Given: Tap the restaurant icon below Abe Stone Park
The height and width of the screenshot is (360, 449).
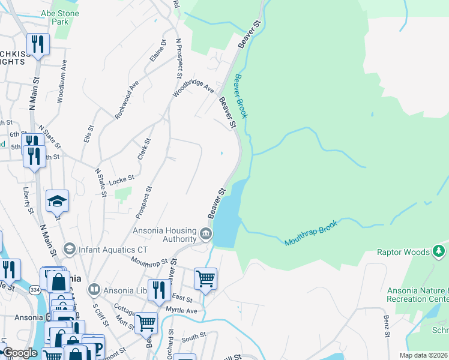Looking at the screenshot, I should (37, 44).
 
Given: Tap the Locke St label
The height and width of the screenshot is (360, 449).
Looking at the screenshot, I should (121, 178).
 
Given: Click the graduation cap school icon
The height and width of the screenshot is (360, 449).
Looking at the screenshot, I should (57, 201).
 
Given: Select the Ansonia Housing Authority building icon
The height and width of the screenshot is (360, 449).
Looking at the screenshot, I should (206, 233).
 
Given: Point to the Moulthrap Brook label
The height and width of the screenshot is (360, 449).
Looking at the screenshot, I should (311, 233).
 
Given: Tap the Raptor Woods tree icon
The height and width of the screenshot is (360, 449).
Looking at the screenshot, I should (439, 251).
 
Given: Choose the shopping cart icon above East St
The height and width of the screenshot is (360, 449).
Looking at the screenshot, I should (205, 278).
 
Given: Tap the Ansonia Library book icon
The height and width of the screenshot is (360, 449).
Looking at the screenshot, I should (93, 290).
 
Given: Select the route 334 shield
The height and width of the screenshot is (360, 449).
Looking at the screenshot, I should (35, 290).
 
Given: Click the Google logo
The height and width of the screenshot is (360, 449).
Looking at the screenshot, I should (19, 353).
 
